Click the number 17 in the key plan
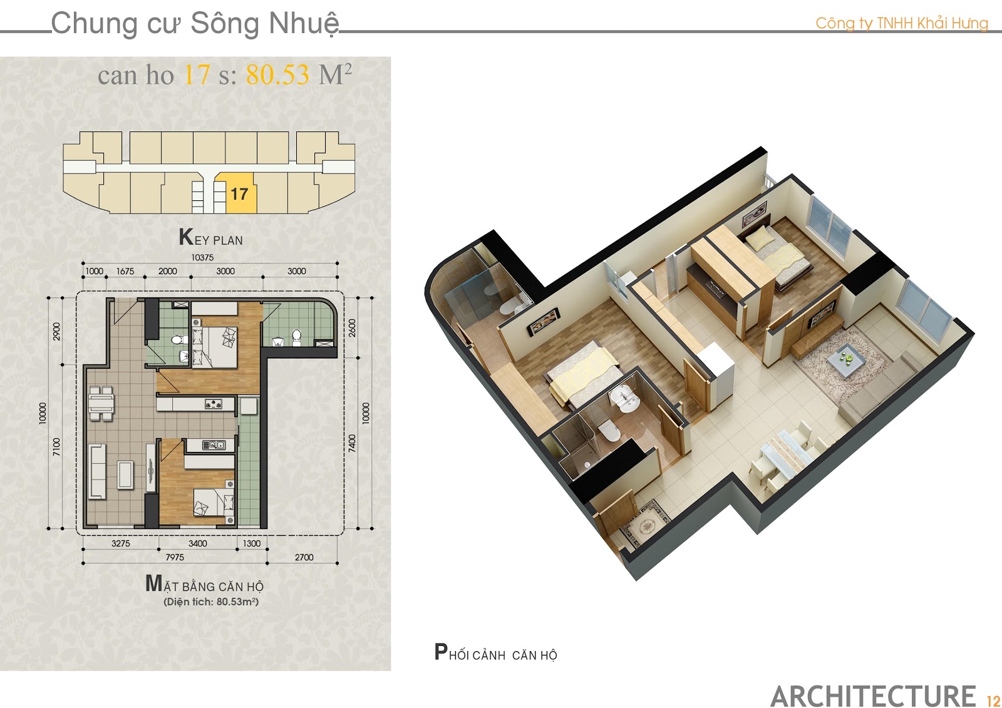239,194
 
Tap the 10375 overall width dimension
202,258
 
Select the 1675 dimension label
125,271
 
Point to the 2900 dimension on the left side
57,331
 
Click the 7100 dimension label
57,447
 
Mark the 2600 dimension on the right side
353,328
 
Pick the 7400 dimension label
353,443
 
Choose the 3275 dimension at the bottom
121,543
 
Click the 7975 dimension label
175,557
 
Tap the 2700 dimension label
304,557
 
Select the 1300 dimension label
251,543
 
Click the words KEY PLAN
210,237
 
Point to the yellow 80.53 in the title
277,74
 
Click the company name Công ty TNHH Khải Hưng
902,23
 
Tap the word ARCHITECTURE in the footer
873,696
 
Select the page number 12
993,700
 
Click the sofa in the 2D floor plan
96,471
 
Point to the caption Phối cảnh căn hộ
495,652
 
